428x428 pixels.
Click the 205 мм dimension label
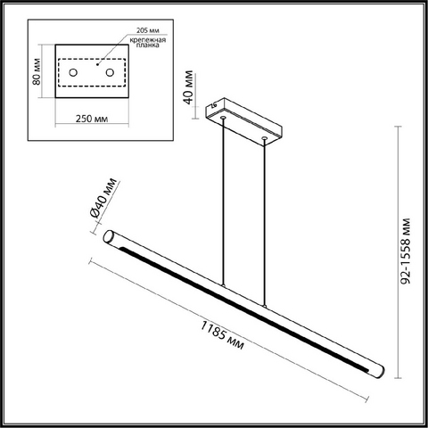click(x=148, y=30)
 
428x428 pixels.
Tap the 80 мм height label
click(x=37, y=71)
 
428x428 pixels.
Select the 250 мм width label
click(x=92, y=119)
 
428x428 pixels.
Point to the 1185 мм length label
click(x=222, y=335)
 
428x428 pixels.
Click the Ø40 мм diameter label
click(x=103, y=198)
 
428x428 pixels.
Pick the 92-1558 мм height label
click(x=405, y=251)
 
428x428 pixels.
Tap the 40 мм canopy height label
click(x=189, y=87)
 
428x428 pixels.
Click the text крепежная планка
click(x=148, y=42)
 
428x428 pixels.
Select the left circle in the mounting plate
click(x=73, y=72)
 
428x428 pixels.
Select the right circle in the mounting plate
click(x=110, y=72)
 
